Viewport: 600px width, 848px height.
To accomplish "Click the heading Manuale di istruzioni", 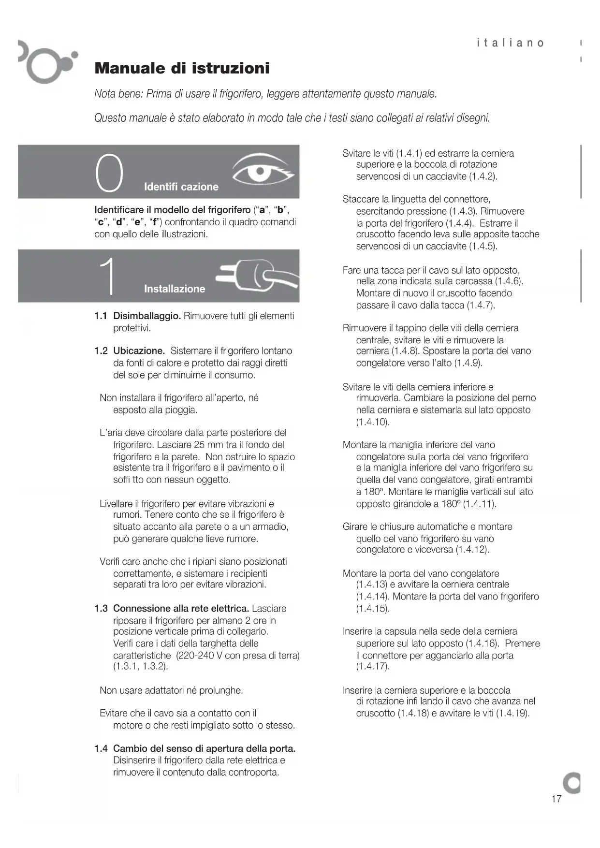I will coord(182,68).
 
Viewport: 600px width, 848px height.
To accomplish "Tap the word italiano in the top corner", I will coord(510,43).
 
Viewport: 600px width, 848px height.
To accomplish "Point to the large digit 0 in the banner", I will coord(110,173).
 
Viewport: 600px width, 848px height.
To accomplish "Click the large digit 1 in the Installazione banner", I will coord(109,276).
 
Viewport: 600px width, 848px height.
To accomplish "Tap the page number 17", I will coord(556,799).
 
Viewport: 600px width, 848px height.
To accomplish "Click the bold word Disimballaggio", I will coord(147,316).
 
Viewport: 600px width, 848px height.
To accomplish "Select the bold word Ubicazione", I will coord(139,351).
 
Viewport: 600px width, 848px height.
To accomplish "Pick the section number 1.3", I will coord(101,609).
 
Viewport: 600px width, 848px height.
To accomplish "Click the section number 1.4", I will coord(101,749).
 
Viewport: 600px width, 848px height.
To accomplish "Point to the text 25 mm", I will coord(208,445).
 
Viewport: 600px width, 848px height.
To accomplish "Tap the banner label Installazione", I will coord(175,289).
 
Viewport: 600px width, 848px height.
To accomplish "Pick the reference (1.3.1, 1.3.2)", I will coord(141,667).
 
